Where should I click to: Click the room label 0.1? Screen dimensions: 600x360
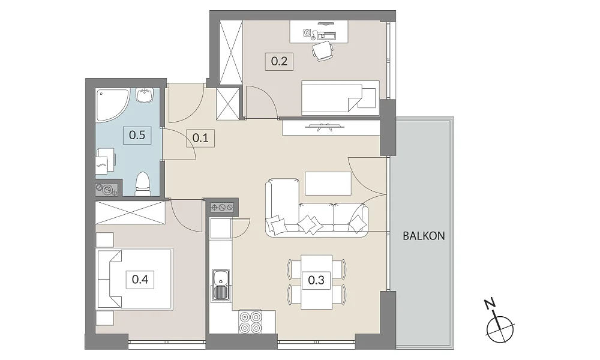[200, 138]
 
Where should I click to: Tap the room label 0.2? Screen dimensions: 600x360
[280, 61]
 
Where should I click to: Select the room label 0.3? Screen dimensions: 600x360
[316, 280]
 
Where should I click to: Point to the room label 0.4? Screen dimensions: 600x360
[140, 279]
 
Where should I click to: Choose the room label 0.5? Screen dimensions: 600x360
[137, 135]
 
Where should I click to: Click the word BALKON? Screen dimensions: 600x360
[424, 236]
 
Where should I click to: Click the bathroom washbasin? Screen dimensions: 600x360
[145, 95]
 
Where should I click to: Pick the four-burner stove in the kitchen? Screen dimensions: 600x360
[251, 322]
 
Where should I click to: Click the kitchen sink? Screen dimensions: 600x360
[221, 285]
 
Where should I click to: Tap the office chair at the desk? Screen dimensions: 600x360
[322, 51]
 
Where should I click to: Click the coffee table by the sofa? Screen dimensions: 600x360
[328, 184]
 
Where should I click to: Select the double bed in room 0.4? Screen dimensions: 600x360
[134, 278]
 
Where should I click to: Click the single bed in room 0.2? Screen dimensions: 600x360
[340, 98]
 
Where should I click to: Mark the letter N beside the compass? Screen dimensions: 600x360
[490, 304]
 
